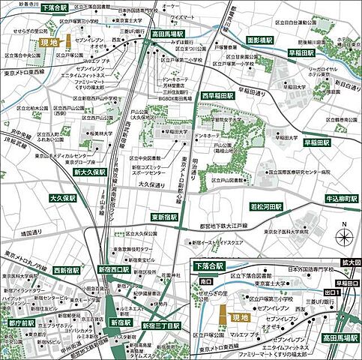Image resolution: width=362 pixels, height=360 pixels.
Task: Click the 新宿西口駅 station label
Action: coord(114,269)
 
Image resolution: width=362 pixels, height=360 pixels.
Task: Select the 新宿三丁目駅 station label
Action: coord(162,326)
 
